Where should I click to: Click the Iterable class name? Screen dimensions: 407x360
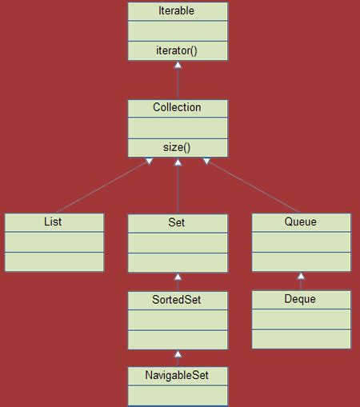coord(178,11)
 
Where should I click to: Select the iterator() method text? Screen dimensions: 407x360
coord(178,50)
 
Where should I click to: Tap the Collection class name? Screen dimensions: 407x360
coord(178,107)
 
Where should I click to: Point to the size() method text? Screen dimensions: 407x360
coord(178,146)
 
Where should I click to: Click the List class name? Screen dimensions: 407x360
coord(54,221)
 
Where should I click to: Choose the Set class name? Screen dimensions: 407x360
coord(178,221)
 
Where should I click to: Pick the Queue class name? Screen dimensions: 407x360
coord(301,221)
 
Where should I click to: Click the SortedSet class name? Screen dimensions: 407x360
coord(178,299)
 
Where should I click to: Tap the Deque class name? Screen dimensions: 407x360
coord(301,299)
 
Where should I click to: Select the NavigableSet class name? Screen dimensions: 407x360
coord(178,374)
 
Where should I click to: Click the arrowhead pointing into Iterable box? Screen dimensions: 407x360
coord(178,66)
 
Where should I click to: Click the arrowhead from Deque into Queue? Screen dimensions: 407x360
coord(301,277)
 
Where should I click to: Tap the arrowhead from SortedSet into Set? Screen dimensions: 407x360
coord(178,277)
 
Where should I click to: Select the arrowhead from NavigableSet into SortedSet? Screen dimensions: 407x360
coord(178,353)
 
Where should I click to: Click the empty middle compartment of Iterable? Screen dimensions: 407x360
coord(178,30)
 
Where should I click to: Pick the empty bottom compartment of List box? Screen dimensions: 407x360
coord(54,261)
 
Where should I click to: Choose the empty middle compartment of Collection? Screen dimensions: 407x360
coord(178,127)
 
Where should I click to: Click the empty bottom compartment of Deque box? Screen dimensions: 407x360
coord(301,338)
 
